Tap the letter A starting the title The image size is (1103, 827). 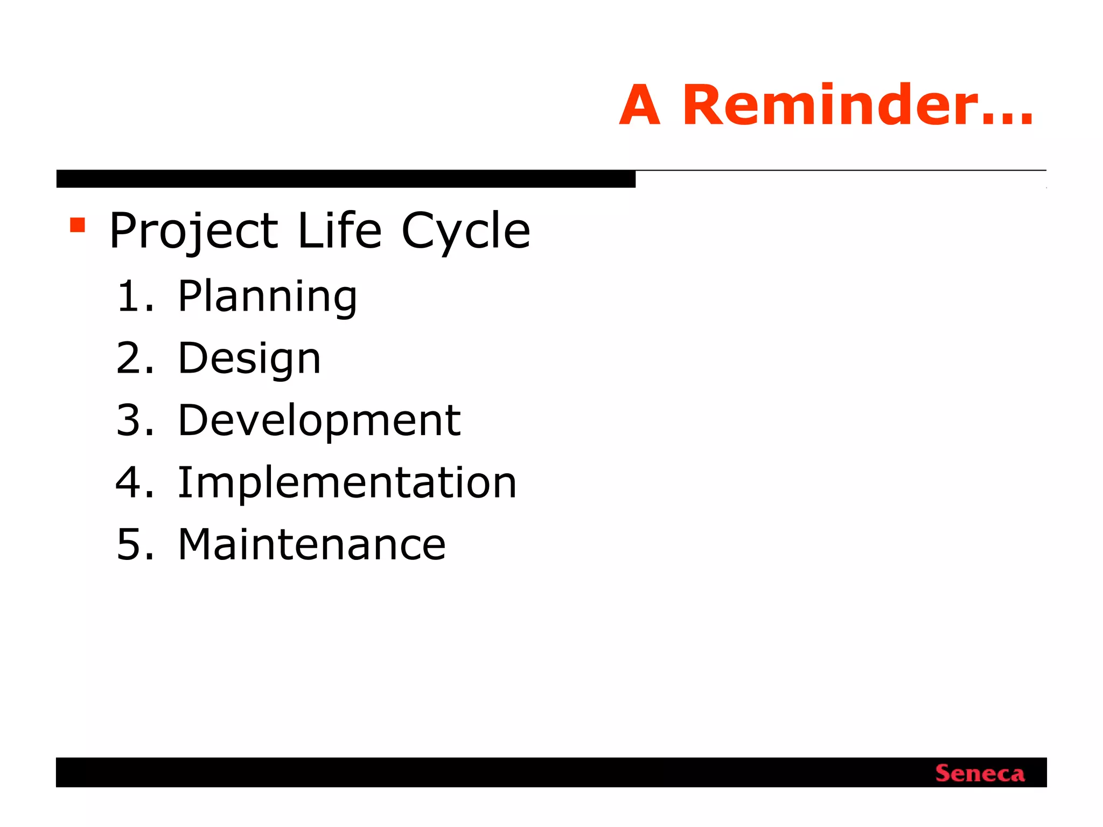point(640,106)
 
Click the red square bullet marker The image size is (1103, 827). point(78,225)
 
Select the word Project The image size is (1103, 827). point(193,232)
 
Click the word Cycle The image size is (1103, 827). point(466,232)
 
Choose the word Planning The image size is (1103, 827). point(267,297)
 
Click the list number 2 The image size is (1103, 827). point(129,358)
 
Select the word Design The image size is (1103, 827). point(249,359)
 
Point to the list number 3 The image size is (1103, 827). point(129,420)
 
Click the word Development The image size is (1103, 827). point(319,421)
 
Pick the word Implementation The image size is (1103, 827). point(347,482)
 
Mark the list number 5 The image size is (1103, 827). point(129,544)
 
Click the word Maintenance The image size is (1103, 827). point(311,544)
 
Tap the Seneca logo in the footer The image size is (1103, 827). point(980,773)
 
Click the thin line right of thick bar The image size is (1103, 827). point(840,170)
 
